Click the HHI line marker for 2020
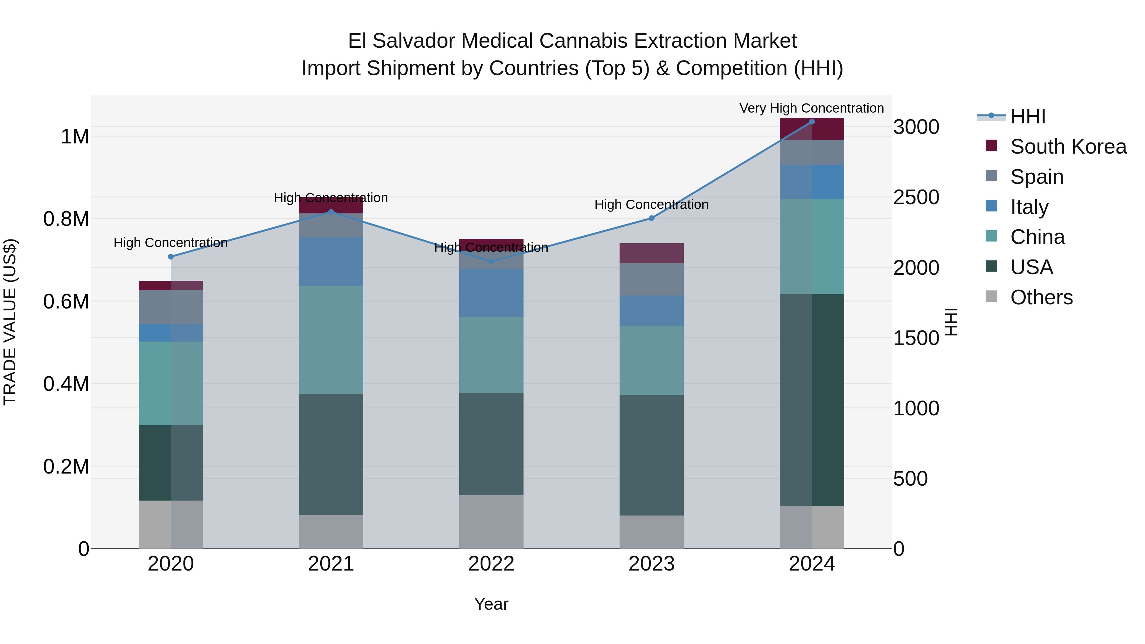pos(171,256)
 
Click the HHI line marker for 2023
pos(652,218)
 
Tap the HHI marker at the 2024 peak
pos(812,121)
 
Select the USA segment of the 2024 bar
pos(812,400)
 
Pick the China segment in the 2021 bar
pos(331,340)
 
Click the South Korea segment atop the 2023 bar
pos(652,253)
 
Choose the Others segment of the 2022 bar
pos(491,522)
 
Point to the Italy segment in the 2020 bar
pos(171,333)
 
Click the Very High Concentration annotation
pos(812,108)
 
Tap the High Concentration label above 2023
pos(652,204)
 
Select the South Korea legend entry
pos(1068,147)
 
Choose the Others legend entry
pos(1041,297)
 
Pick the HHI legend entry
pos(1028,116)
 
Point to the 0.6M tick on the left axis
pos(66,302)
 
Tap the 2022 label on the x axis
pos(491,564)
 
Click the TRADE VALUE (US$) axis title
pos(10,322)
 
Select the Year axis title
pos(491,604)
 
